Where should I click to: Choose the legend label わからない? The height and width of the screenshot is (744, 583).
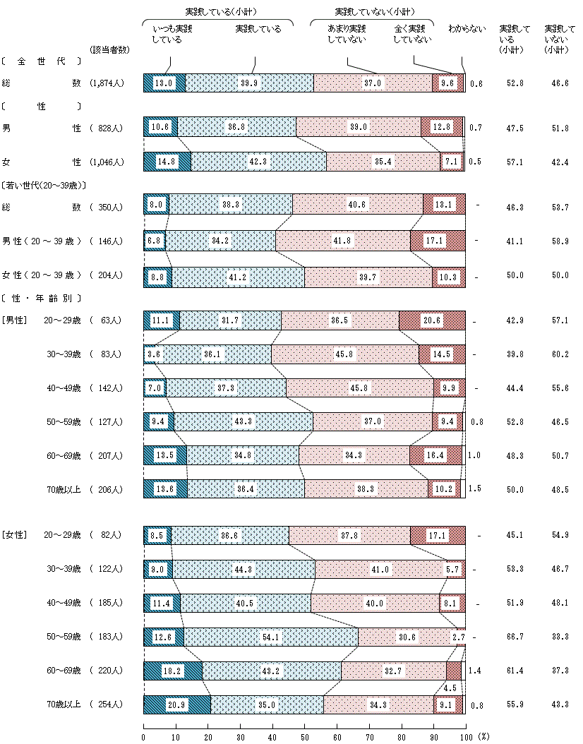467,29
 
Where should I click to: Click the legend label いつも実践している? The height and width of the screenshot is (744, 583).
172,34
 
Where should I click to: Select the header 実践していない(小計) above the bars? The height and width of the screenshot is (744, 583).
373,12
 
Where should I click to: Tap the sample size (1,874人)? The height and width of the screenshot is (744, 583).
107,83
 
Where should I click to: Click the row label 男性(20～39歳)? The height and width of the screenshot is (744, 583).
42,241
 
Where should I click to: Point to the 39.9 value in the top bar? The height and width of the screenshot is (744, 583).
249,83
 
